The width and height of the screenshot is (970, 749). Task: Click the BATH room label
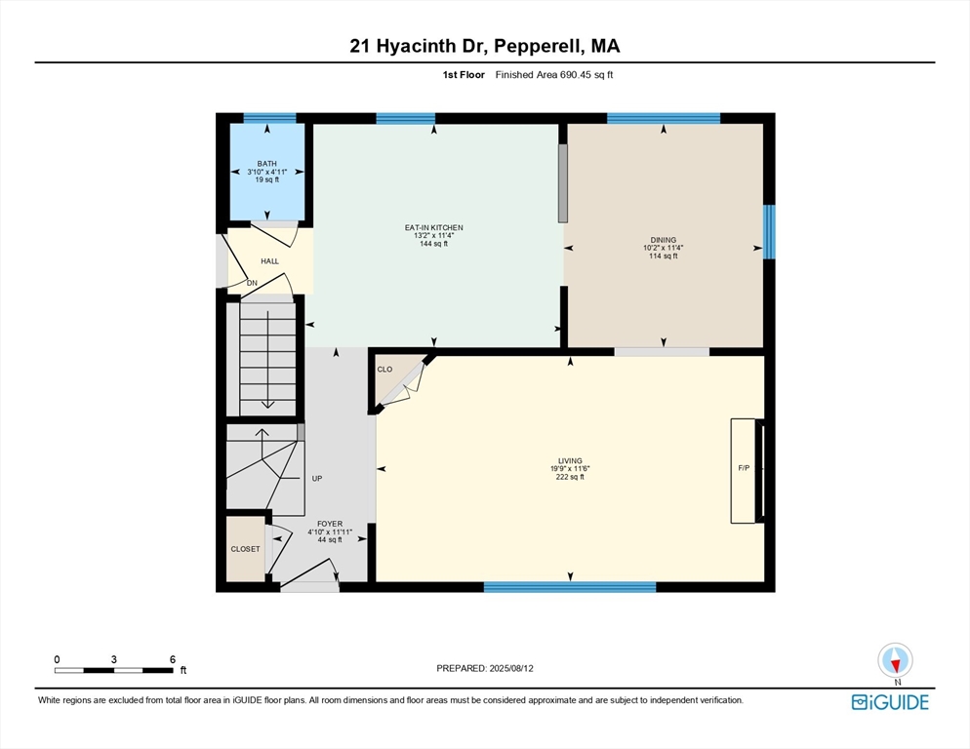(x=267, y=164)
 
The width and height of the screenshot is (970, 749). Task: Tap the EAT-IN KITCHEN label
(x=433, y=227)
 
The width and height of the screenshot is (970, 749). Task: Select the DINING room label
(x=664, y=240)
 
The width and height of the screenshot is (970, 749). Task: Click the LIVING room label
(x=570, y=460)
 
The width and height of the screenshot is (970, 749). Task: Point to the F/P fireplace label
(x=744, y=468)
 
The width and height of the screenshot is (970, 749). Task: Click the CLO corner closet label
(x=384, y=370)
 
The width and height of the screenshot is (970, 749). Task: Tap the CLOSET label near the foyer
(x=246, y=549)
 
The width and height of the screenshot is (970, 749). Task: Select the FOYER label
(x=330, y=524)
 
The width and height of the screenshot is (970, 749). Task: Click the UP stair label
(x=317, y=479)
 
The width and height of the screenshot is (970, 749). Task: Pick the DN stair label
(x=252, y=283)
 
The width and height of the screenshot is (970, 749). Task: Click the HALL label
(x=269, y=261)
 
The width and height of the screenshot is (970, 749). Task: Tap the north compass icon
(x=895, y=660)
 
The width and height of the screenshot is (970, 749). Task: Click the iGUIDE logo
(x=890, y=702)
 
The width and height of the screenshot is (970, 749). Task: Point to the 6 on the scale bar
(x=173, y=659)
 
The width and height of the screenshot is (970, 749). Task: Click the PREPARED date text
(x=485, y=669)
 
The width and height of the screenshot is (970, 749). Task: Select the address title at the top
(x=485, y=46)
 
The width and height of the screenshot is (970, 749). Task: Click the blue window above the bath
(x=269, y=118)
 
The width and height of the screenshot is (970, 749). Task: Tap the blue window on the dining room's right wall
(x=769, y=232)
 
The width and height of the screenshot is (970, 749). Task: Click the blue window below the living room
(x=570, y=587)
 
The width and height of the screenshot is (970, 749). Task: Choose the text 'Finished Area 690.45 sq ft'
(x=554, y=75)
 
